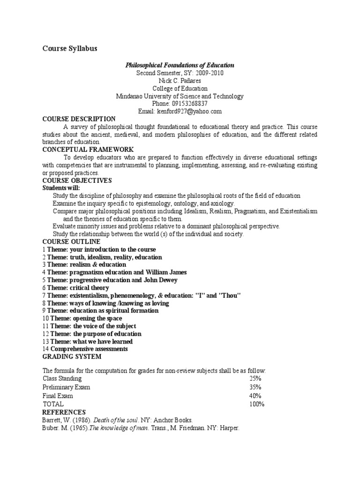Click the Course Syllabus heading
70,49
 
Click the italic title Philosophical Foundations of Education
180,66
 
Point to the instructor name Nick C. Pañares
180,81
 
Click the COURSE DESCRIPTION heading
79,119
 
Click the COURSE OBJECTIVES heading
77,180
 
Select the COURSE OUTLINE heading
71,241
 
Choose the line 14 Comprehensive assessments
85,349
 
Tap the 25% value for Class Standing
255,378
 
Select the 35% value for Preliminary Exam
255,387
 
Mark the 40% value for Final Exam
255,396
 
